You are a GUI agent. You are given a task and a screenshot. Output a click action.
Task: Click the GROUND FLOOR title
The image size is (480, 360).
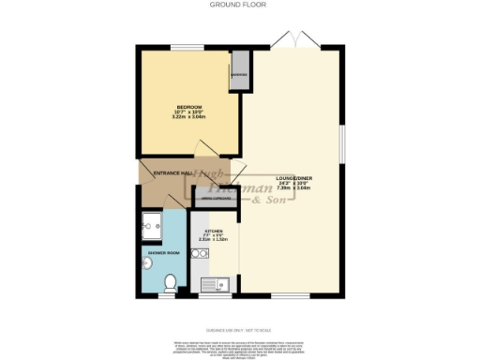(239, 6)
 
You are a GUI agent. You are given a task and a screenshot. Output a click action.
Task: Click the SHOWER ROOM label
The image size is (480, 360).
(160, 252)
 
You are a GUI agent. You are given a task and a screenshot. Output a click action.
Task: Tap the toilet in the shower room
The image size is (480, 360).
(171, 282)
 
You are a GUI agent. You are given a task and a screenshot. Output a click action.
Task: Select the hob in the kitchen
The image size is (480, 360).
(199, 254)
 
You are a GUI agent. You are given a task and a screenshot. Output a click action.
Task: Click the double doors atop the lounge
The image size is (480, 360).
(293, 38)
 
